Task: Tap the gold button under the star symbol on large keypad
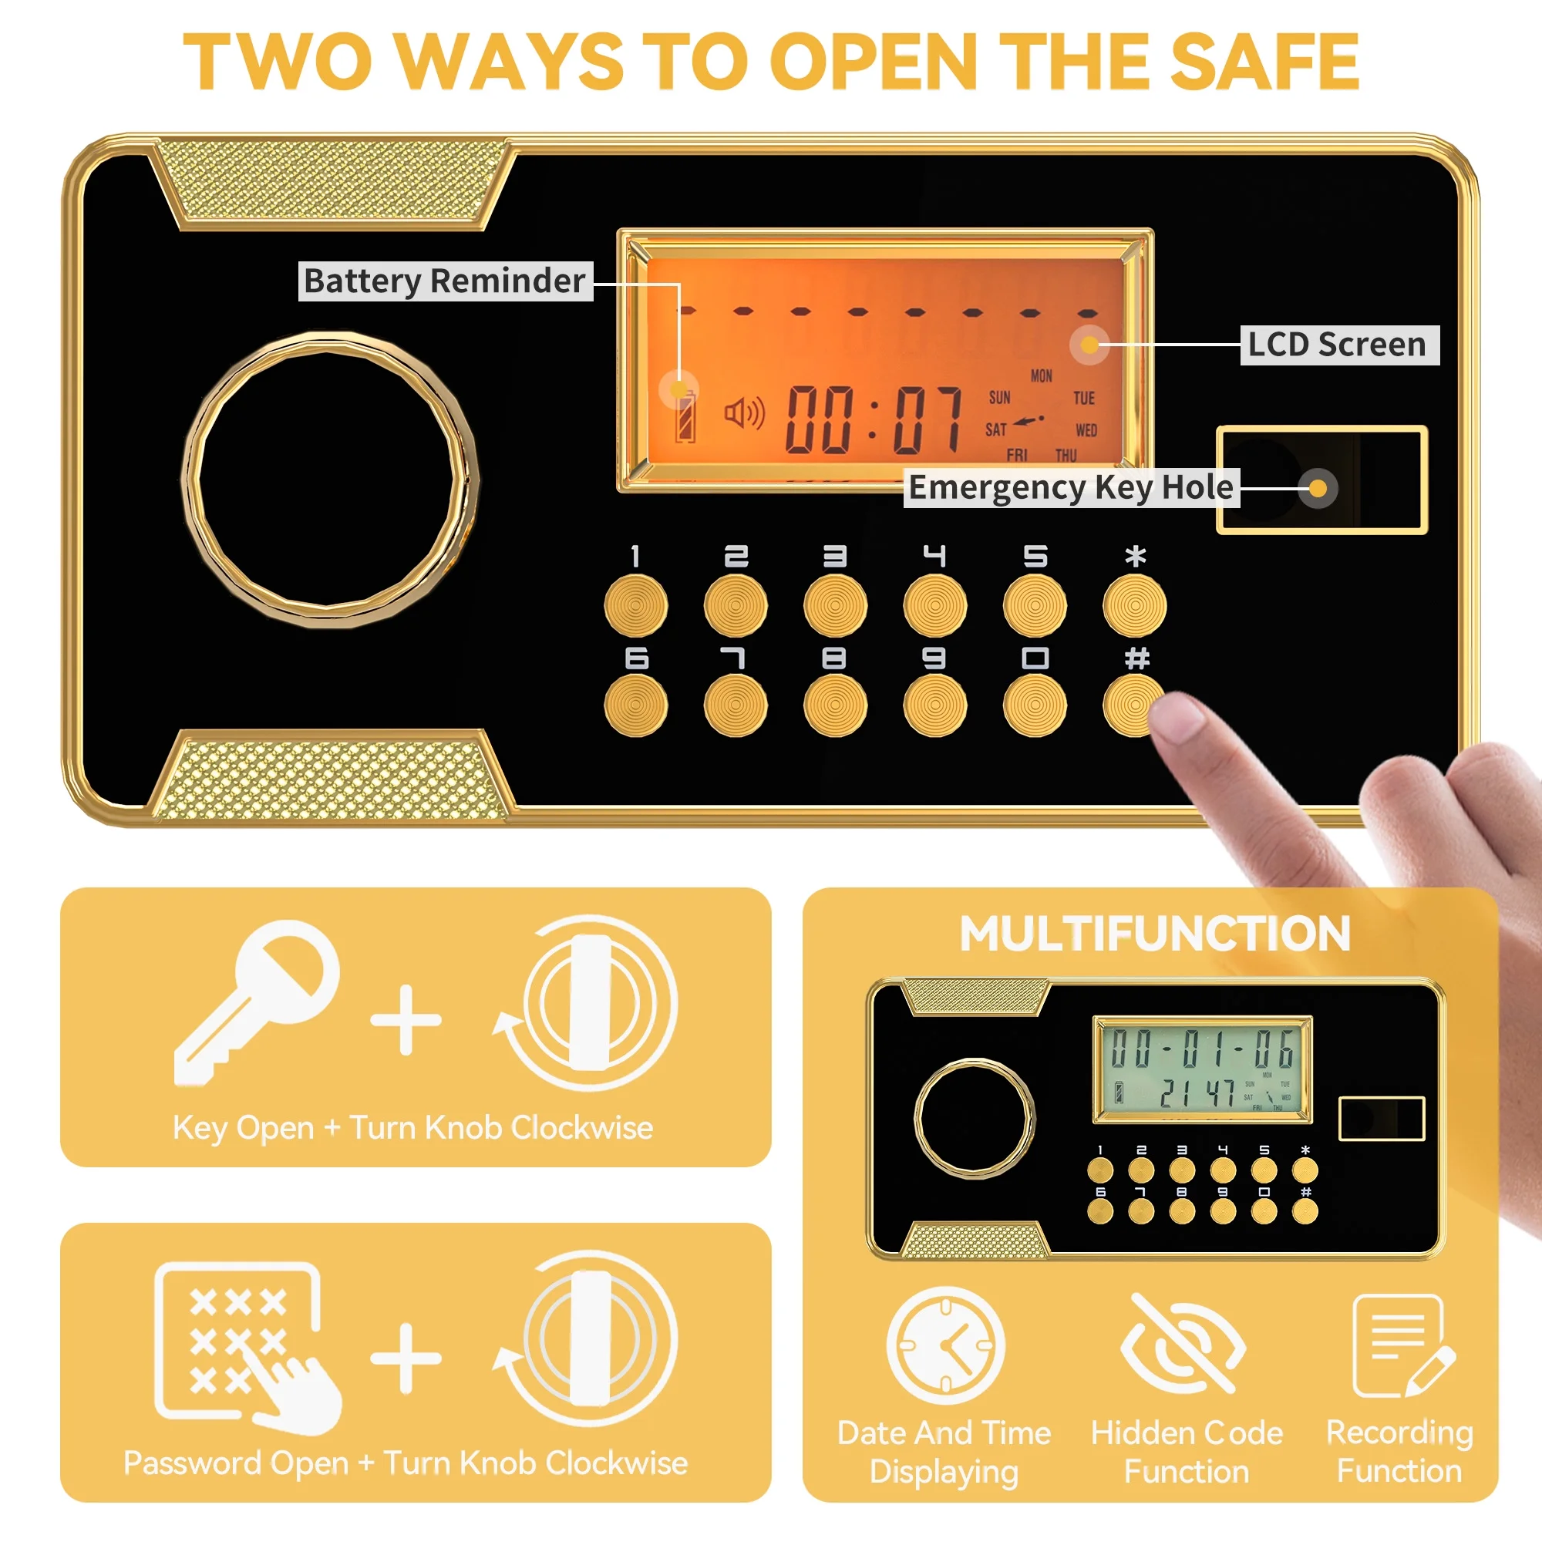point(1134,606)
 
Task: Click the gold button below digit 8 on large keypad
point(835,705)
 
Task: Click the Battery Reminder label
point(446,281)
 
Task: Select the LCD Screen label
point(1339,345)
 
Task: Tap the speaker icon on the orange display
point(745,412)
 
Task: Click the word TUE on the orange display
point(1084,398)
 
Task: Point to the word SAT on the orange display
point(996,430)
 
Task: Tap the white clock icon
point(946,1345)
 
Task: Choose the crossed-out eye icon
point(1183,1345)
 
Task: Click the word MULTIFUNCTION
point(1155,934)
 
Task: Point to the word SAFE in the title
point(1265,62)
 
